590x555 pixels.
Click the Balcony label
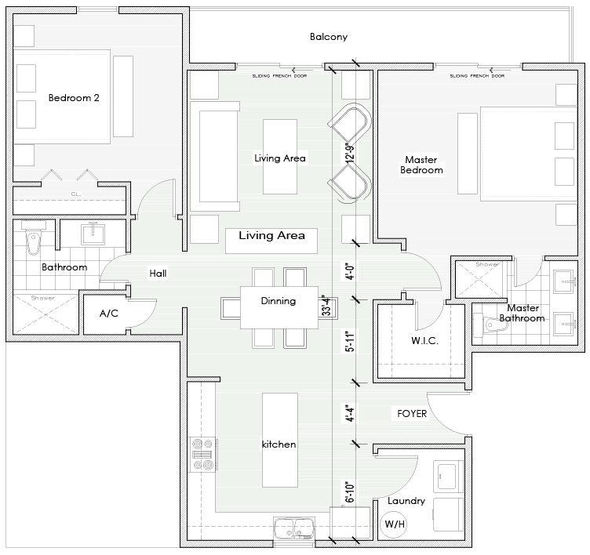328,37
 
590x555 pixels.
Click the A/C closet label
108,314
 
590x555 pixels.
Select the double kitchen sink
293,529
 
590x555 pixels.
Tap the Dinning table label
278,300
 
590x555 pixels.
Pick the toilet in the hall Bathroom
33,242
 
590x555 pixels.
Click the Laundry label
406,501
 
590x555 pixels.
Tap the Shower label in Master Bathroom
486,264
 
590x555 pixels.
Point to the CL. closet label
76,193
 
